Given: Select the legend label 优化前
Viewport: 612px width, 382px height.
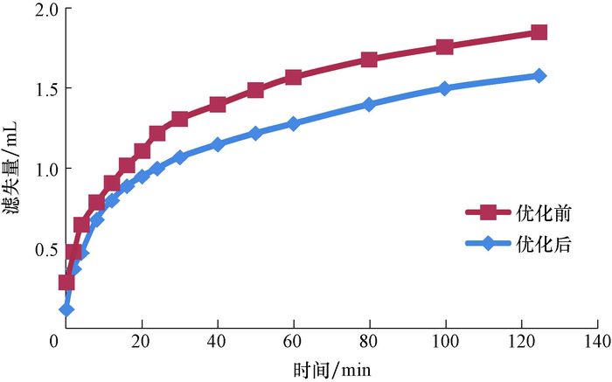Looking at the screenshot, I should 542,212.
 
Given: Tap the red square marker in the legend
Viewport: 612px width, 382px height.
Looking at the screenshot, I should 490,212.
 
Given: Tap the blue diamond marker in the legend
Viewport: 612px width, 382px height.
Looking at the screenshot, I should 490,244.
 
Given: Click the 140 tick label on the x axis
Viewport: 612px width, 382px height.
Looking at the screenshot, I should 597,342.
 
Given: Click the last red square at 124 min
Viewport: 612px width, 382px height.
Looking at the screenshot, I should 539,33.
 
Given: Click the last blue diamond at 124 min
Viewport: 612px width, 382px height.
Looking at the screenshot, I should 539,76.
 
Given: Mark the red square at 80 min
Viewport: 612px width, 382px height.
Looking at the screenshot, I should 368,59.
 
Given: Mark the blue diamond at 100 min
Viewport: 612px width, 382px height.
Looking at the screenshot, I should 444,88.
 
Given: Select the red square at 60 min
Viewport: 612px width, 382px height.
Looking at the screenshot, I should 293,77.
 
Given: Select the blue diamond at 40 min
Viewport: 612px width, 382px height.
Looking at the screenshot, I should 218,144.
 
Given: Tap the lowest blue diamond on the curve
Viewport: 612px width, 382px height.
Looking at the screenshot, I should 66,309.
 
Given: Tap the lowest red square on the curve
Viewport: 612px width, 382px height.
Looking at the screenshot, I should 66,281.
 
